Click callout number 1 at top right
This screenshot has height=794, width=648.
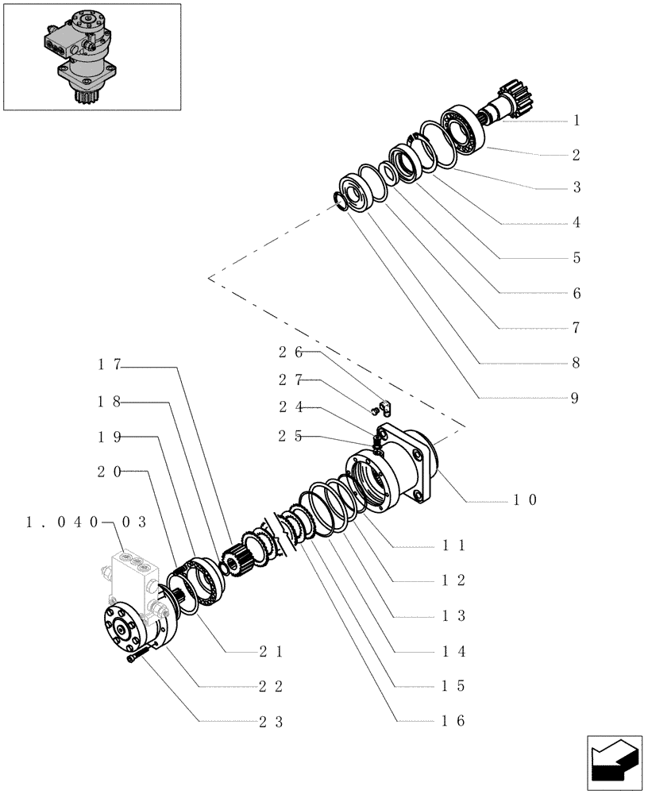(576, 121)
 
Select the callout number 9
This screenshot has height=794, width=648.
(576, 399)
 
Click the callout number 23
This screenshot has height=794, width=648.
(271, 722)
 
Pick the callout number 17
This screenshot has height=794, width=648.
(109, 365)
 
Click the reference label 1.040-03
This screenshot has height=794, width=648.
(87, 522)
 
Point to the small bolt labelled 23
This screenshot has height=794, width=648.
(137, 656)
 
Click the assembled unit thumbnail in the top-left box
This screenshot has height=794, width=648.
(83, 57)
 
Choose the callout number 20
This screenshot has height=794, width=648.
(109, 472)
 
